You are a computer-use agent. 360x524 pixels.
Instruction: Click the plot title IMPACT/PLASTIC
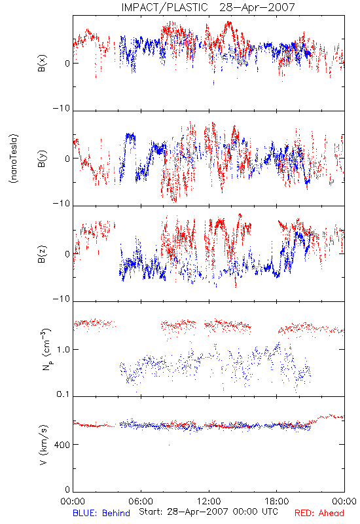pos(165,7)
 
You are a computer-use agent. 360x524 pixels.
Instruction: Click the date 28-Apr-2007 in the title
pos(257,7)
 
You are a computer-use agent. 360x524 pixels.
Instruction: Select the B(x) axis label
pos(43,63)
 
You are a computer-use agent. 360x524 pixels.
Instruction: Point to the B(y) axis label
pos(43,159)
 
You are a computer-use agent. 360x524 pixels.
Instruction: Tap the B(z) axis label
pos(43,254)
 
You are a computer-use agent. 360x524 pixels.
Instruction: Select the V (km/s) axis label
pos(43,445)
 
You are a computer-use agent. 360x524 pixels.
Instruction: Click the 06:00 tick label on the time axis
pos(141,501)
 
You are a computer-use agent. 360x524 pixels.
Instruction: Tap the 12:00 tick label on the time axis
pos(209,501)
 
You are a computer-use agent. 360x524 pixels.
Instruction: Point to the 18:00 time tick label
pos(277,501)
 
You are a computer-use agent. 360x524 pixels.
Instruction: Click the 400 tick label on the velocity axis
pos(62,445)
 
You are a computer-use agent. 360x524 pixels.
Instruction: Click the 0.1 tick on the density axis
pos(63,394)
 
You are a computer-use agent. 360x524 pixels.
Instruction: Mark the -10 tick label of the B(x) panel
pos(62,108)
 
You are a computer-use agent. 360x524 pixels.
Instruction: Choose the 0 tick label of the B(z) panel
pos(67,254)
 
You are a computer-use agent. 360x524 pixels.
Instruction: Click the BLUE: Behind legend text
pos(101,513)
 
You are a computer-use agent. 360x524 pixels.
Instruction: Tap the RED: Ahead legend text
pos(319,513)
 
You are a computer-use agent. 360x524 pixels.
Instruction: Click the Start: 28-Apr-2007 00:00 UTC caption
pos(208,512)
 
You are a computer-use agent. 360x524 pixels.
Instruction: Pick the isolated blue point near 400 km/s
pos(169,445)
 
